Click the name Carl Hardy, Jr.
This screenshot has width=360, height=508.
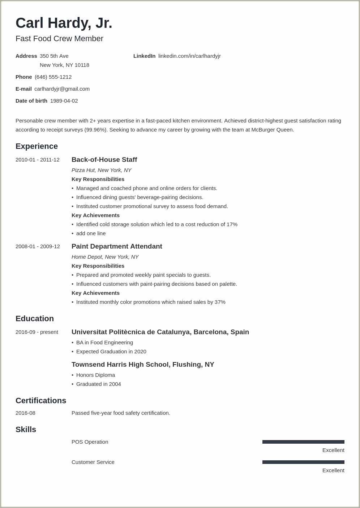pos(64,23)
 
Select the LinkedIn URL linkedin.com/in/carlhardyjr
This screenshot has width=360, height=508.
pos(189,56)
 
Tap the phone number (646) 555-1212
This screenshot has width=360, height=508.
pos(53,77)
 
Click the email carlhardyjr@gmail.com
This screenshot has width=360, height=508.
pos(62,89)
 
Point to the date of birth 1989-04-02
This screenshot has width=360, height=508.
pos(64,101)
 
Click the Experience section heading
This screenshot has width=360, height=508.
pos(37,146)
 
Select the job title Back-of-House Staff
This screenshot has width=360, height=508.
pos(104,160)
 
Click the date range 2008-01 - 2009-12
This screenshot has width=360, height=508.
pos(38,246)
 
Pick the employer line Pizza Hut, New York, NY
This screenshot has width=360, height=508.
pos(101,170)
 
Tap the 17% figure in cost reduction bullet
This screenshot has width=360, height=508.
pos(232,224)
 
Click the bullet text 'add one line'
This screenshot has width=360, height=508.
pos(91,233)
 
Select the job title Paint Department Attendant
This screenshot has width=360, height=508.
pos(117,246)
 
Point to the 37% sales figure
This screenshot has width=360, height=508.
pos(220,302)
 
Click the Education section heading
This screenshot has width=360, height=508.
pos(35,319)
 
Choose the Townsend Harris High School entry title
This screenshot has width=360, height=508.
pos(143,365)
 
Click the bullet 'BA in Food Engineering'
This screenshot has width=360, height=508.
pos(104,343)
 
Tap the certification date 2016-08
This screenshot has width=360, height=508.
pos(25,413)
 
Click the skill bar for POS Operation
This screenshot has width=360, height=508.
pos(303,442)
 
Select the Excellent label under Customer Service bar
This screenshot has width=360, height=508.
pos(333,470)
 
